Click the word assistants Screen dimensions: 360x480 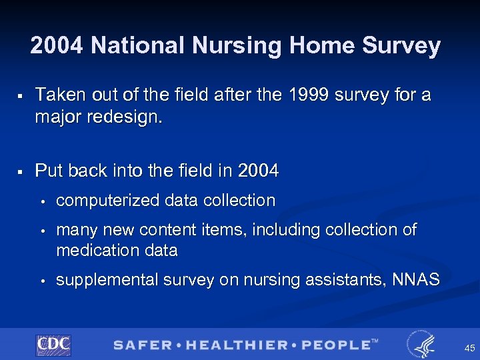(341, 280)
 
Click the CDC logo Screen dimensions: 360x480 (53, 345)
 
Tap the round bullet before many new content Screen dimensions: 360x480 (41, 231)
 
